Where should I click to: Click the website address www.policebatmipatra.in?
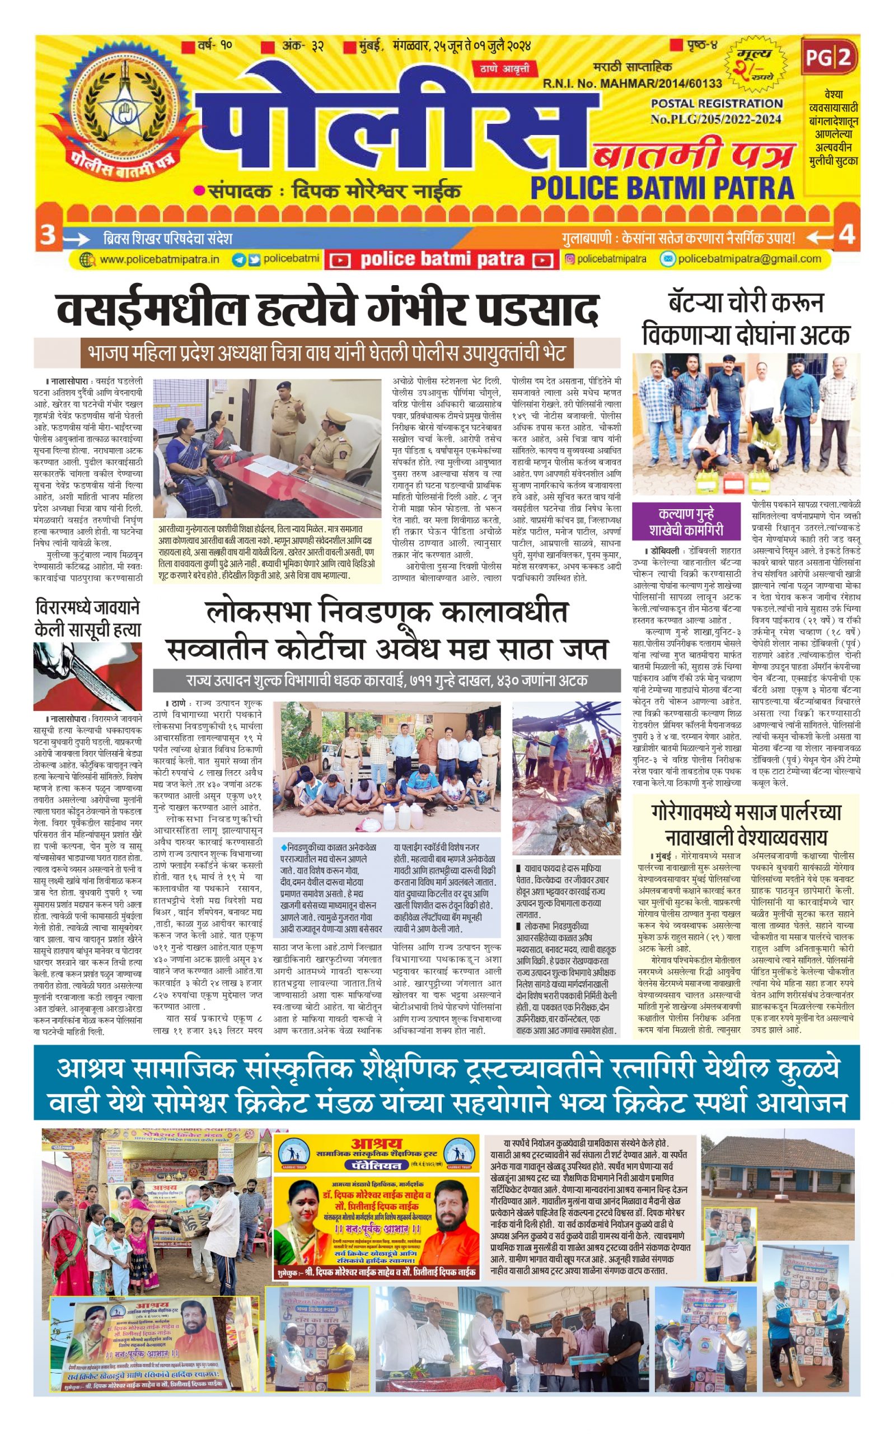(159, 259)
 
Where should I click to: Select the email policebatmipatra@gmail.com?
(749, 259)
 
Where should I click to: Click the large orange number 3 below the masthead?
(47, 235)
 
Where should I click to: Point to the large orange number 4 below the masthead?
(847, 235)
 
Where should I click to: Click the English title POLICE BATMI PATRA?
(662, 188)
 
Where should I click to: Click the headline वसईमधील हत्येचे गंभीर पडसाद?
(328, 309)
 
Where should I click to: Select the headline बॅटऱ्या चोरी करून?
(746, 303)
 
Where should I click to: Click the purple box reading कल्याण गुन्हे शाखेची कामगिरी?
(686, 520)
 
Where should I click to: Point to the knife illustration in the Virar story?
(88, 677)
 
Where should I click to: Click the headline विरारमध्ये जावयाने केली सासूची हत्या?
(88, 619)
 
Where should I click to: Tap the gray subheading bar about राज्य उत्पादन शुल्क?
(387, 681)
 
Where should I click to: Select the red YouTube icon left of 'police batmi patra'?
(340, 260)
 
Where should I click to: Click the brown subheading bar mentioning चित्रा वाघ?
(326, 354)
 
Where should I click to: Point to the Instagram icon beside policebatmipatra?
(569, 259)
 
